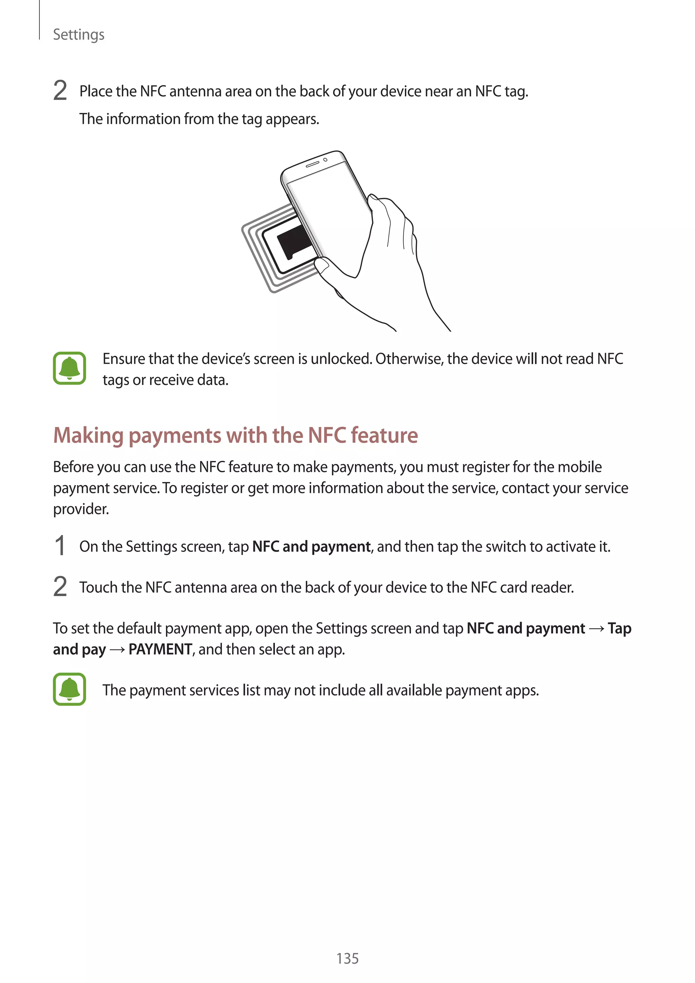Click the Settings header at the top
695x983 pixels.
(78, 35)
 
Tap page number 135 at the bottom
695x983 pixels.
(347, 958)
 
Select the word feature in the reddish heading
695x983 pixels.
(384, 435)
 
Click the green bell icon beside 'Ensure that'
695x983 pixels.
(69, 368)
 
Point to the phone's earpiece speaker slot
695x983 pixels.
(312, 164)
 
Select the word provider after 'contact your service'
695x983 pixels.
(81, 509)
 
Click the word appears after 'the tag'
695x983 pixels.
(292, 119)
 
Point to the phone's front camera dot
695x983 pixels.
(325, 160)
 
